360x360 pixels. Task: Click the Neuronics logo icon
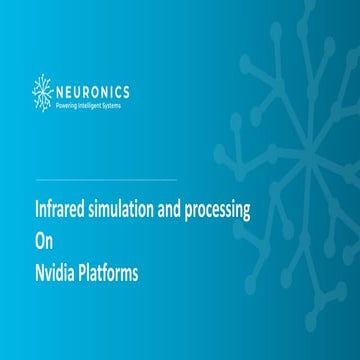point(44,91)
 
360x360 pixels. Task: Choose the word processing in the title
point(215,213)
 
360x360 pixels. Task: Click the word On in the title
point(42,241)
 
